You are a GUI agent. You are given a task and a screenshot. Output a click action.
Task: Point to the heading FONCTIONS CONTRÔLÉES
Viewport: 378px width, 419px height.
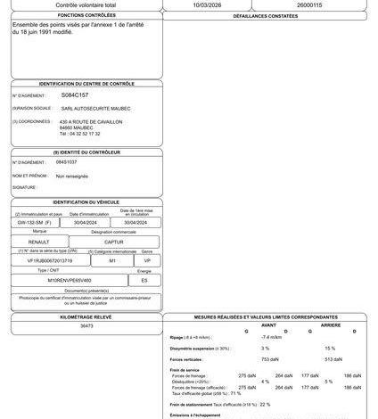tap(86, 16)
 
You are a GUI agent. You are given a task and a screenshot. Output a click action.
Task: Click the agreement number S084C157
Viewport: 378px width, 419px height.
tap(75, 94)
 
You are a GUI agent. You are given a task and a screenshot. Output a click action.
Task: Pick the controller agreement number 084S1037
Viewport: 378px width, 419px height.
tap(67, 162)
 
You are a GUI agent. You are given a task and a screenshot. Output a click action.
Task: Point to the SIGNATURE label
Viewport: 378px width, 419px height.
tap(25, 188)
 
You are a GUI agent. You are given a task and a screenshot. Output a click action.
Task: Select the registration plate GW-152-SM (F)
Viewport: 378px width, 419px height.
tap(40, 223)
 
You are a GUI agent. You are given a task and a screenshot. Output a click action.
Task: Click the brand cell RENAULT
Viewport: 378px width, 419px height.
tap(40, 242)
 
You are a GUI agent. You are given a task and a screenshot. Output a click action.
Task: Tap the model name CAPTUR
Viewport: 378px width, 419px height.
tap(115, 242)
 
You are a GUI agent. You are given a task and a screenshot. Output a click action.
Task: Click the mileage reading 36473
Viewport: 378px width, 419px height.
tap(86, 326)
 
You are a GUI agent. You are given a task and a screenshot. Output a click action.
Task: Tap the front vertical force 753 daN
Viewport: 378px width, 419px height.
tap(266, 358)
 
